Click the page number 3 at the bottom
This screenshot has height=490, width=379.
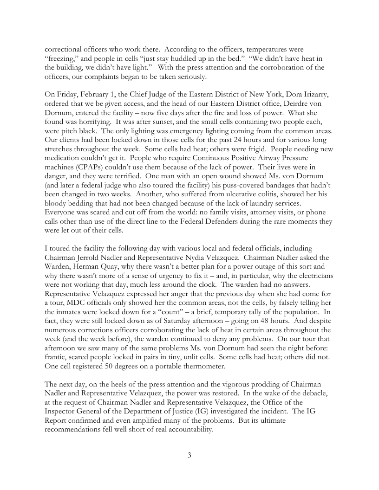189,455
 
